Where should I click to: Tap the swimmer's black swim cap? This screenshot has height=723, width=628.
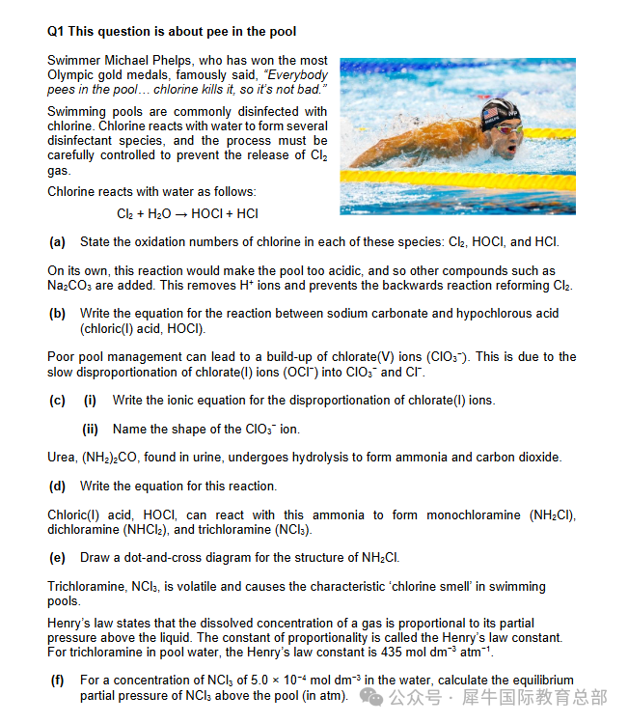[x=496, y=114]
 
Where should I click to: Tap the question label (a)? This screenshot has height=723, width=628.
[x=57, y=241]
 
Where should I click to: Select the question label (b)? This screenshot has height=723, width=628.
[x=57, y=314]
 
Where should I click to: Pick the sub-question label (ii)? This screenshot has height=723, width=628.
[x=92, y=429]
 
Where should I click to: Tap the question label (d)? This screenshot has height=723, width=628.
[x=57, y=486]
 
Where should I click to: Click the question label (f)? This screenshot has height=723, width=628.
[x=57, y=681]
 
